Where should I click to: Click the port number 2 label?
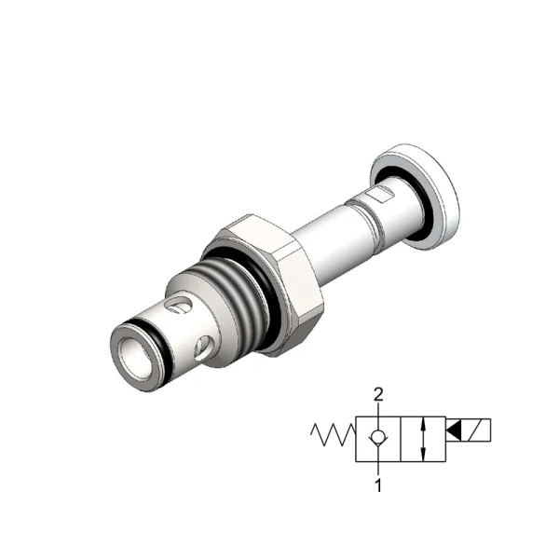tap(378, 395)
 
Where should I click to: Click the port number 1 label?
tap(378, 485)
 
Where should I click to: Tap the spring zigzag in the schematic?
tap(333, 435)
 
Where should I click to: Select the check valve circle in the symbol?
tap(377, 436)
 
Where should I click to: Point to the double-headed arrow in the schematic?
tap(423, 439)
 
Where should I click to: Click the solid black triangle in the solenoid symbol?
tap(454, 430)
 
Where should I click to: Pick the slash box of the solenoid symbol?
tap(476, 430)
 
